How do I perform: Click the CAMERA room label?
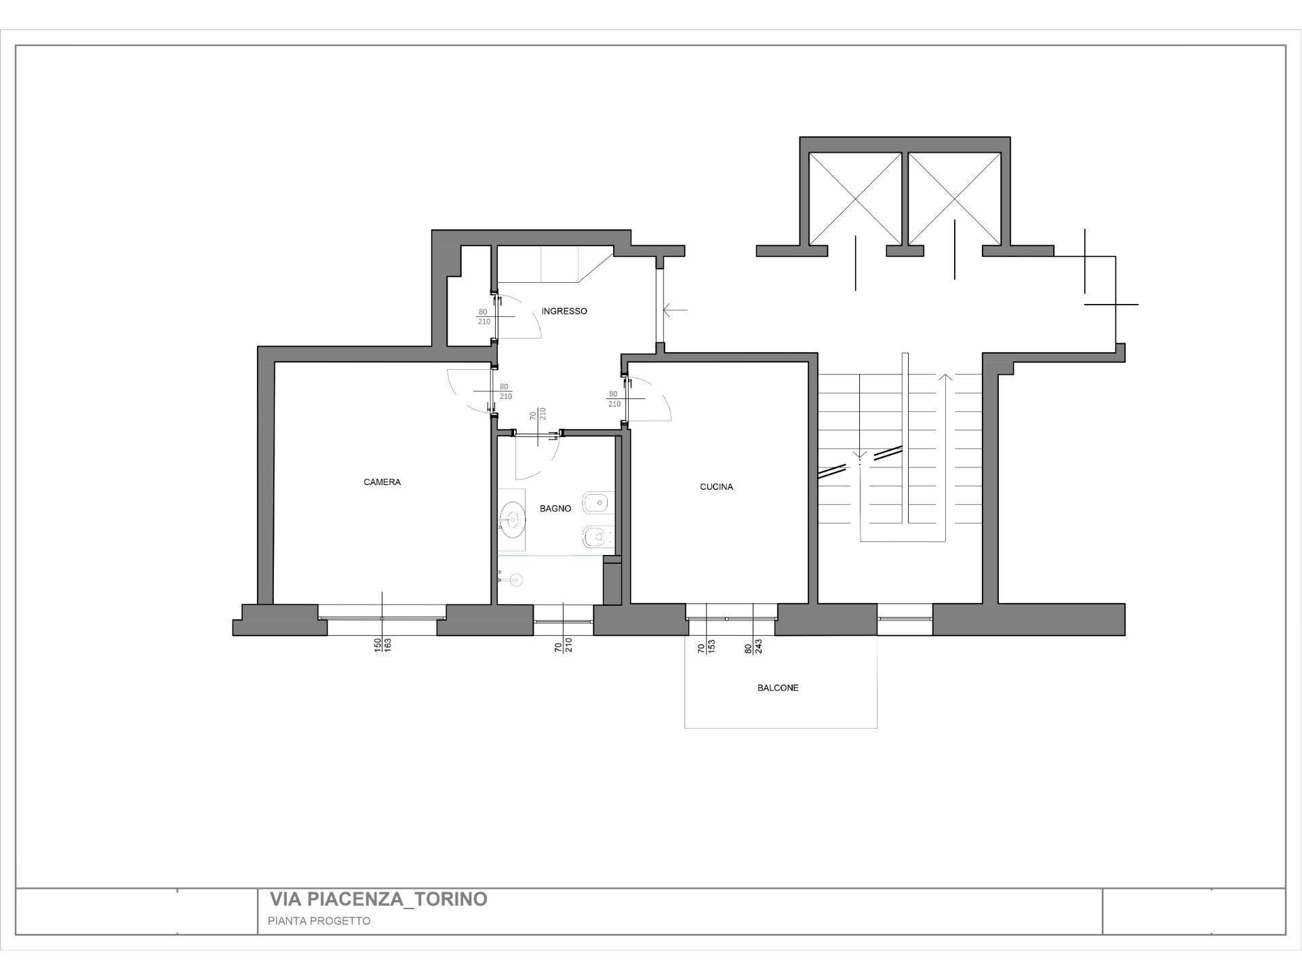(x=382, y=482)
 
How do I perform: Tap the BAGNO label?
(x=555, y=509)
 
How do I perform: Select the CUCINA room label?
(x=716, y=487)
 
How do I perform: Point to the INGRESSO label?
(x=564, y=311)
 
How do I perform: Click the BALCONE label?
(x=778, y=688)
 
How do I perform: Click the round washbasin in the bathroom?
(x=512, y=520)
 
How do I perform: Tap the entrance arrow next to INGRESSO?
(x=675, y=311)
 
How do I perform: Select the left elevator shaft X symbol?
(x=855, y=198)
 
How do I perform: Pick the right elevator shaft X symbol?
(x=955, y=198)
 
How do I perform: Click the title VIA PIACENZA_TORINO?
(x=378, y=900)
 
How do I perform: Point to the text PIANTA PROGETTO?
(x=319, y=921)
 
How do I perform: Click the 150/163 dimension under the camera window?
(x=382, y=645)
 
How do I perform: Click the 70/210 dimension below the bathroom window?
(x=564, y=645)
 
